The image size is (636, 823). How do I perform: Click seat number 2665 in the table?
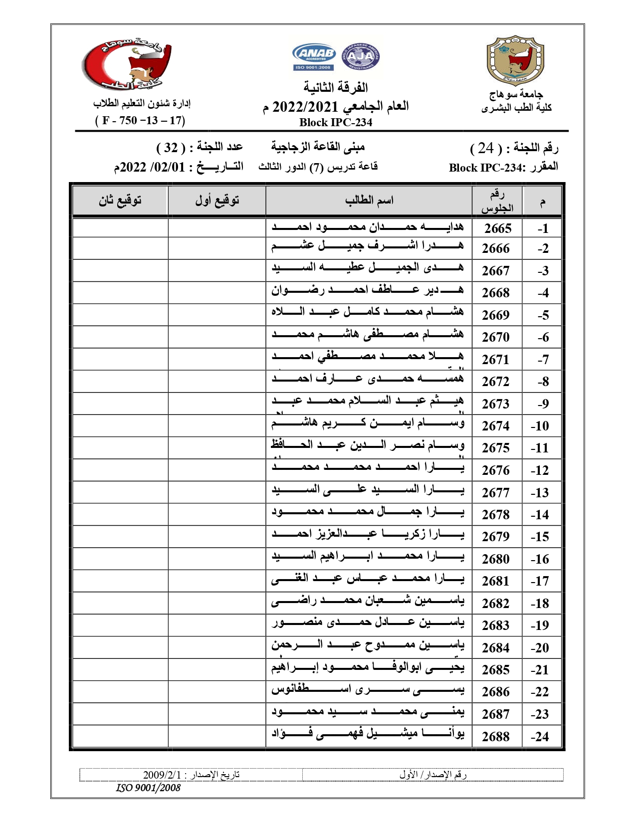(497, 228)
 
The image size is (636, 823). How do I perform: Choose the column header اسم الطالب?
(369, 201)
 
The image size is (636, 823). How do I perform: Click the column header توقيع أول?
(217, 201)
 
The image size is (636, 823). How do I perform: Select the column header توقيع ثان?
(120, 201)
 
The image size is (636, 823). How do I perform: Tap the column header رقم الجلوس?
(497, 201)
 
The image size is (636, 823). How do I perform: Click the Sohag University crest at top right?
(515, 60)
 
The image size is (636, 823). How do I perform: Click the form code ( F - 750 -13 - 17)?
(140, 120)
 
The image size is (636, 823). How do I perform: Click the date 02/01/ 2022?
(150, 167)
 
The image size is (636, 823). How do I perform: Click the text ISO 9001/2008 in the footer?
(148, 788)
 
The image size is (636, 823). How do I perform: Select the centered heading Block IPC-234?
(336, 122)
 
